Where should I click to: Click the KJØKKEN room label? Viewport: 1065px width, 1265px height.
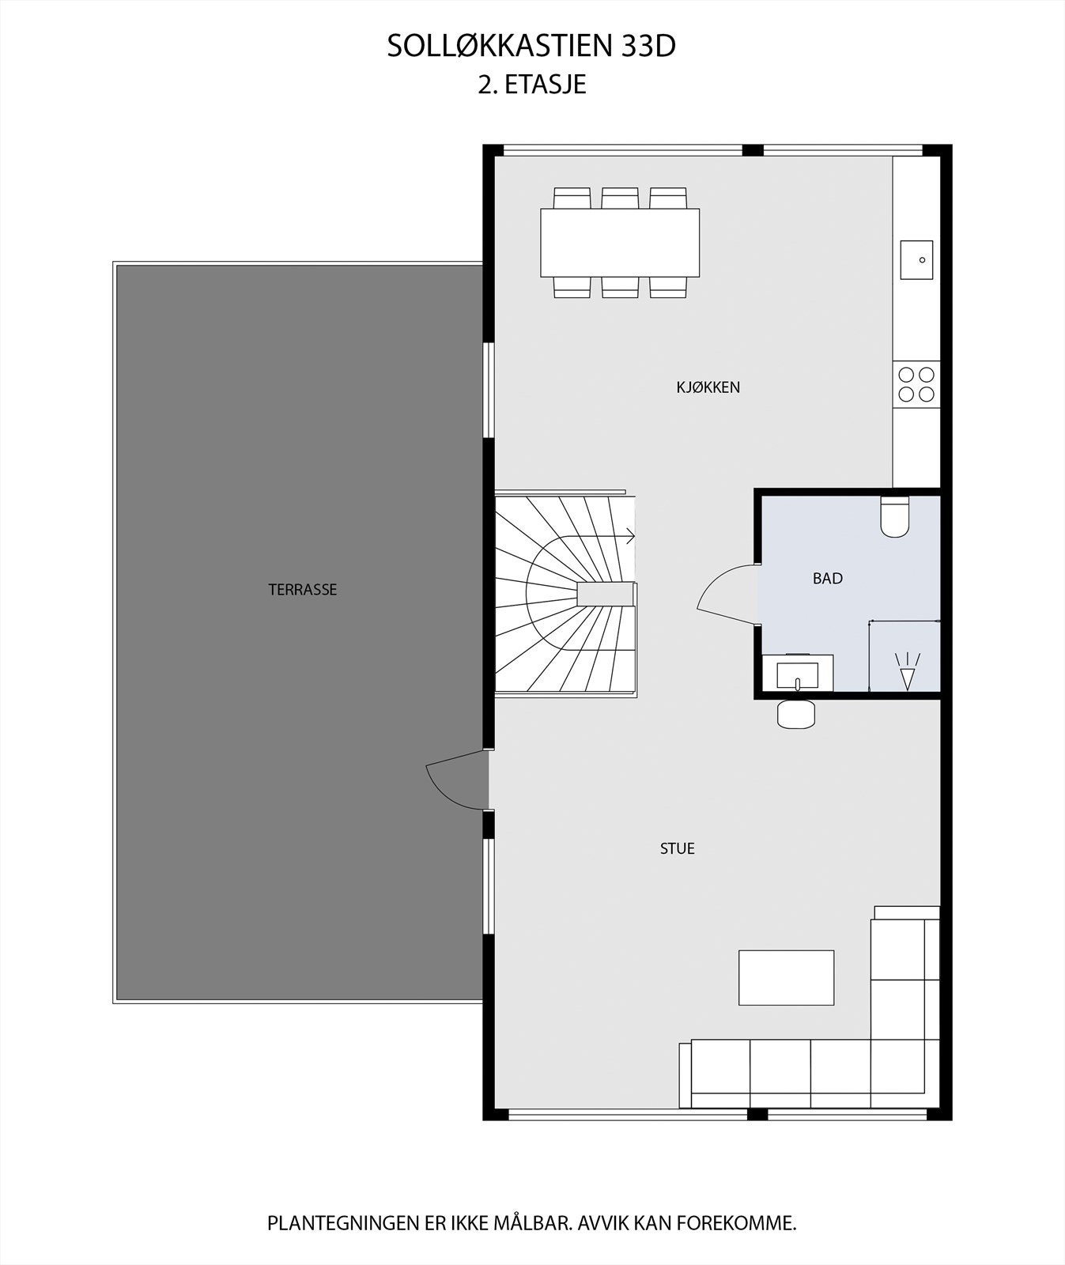click(708, 387)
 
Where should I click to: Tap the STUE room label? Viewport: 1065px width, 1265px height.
click(678, 848)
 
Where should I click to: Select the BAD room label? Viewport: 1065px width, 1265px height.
click(828, 579)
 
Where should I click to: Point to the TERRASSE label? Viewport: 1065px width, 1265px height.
click(302, 590)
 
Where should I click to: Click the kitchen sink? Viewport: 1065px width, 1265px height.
click(916, 259)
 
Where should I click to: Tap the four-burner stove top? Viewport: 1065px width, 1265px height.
click(916, 384)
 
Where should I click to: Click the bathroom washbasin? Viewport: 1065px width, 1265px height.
click(797, 673)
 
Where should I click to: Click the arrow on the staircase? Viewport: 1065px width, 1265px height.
click(629, 537)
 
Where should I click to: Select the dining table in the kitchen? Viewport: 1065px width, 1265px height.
click(620, 242)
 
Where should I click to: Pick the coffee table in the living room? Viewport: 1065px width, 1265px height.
click(786, 977)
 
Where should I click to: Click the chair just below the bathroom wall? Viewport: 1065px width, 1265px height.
click(796, 713)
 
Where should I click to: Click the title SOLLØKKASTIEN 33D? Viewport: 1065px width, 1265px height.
click(531, 47)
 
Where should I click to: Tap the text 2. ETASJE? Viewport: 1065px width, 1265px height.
click(531, 85)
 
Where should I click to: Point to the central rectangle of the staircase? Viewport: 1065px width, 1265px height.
click(606, 594)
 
